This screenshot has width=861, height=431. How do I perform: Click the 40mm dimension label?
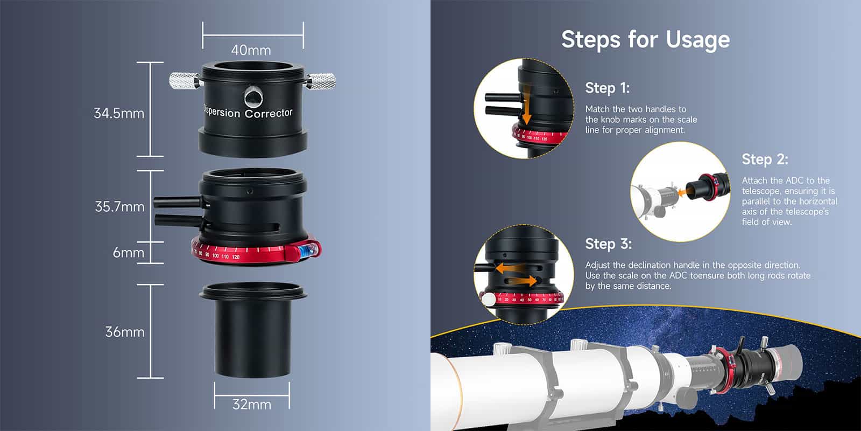tap(251, 50)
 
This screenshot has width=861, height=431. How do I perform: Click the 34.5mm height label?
tap(119, 113)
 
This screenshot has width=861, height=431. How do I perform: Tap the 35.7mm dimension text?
tap(119, 207)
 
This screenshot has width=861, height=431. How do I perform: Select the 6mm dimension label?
tap(128, 252)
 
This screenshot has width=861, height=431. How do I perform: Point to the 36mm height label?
tap(125, 332)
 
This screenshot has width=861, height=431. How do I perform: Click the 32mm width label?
tap(251, 404)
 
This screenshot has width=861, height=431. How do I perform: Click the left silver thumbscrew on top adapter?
tap(184, 81)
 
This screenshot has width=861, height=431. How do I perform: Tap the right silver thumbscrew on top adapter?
tap(323, 81)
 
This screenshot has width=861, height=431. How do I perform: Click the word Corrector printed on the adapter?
tap(269, 113)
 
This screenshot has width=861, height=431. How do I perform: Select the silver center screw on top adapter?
tap(253, 98)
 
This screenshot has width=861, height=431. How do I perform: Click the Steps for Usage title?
tap(645, 39)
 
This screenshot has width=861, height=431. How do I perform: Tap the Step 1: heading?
tap(607, 88)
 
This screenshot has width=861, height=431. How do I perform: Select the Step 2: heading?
tap(765, 159)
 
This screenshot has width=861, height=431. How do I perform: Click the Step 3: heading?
tap(608, 244)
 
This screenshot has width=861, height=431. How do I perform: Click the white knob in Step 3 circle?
tap(489, 300)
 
